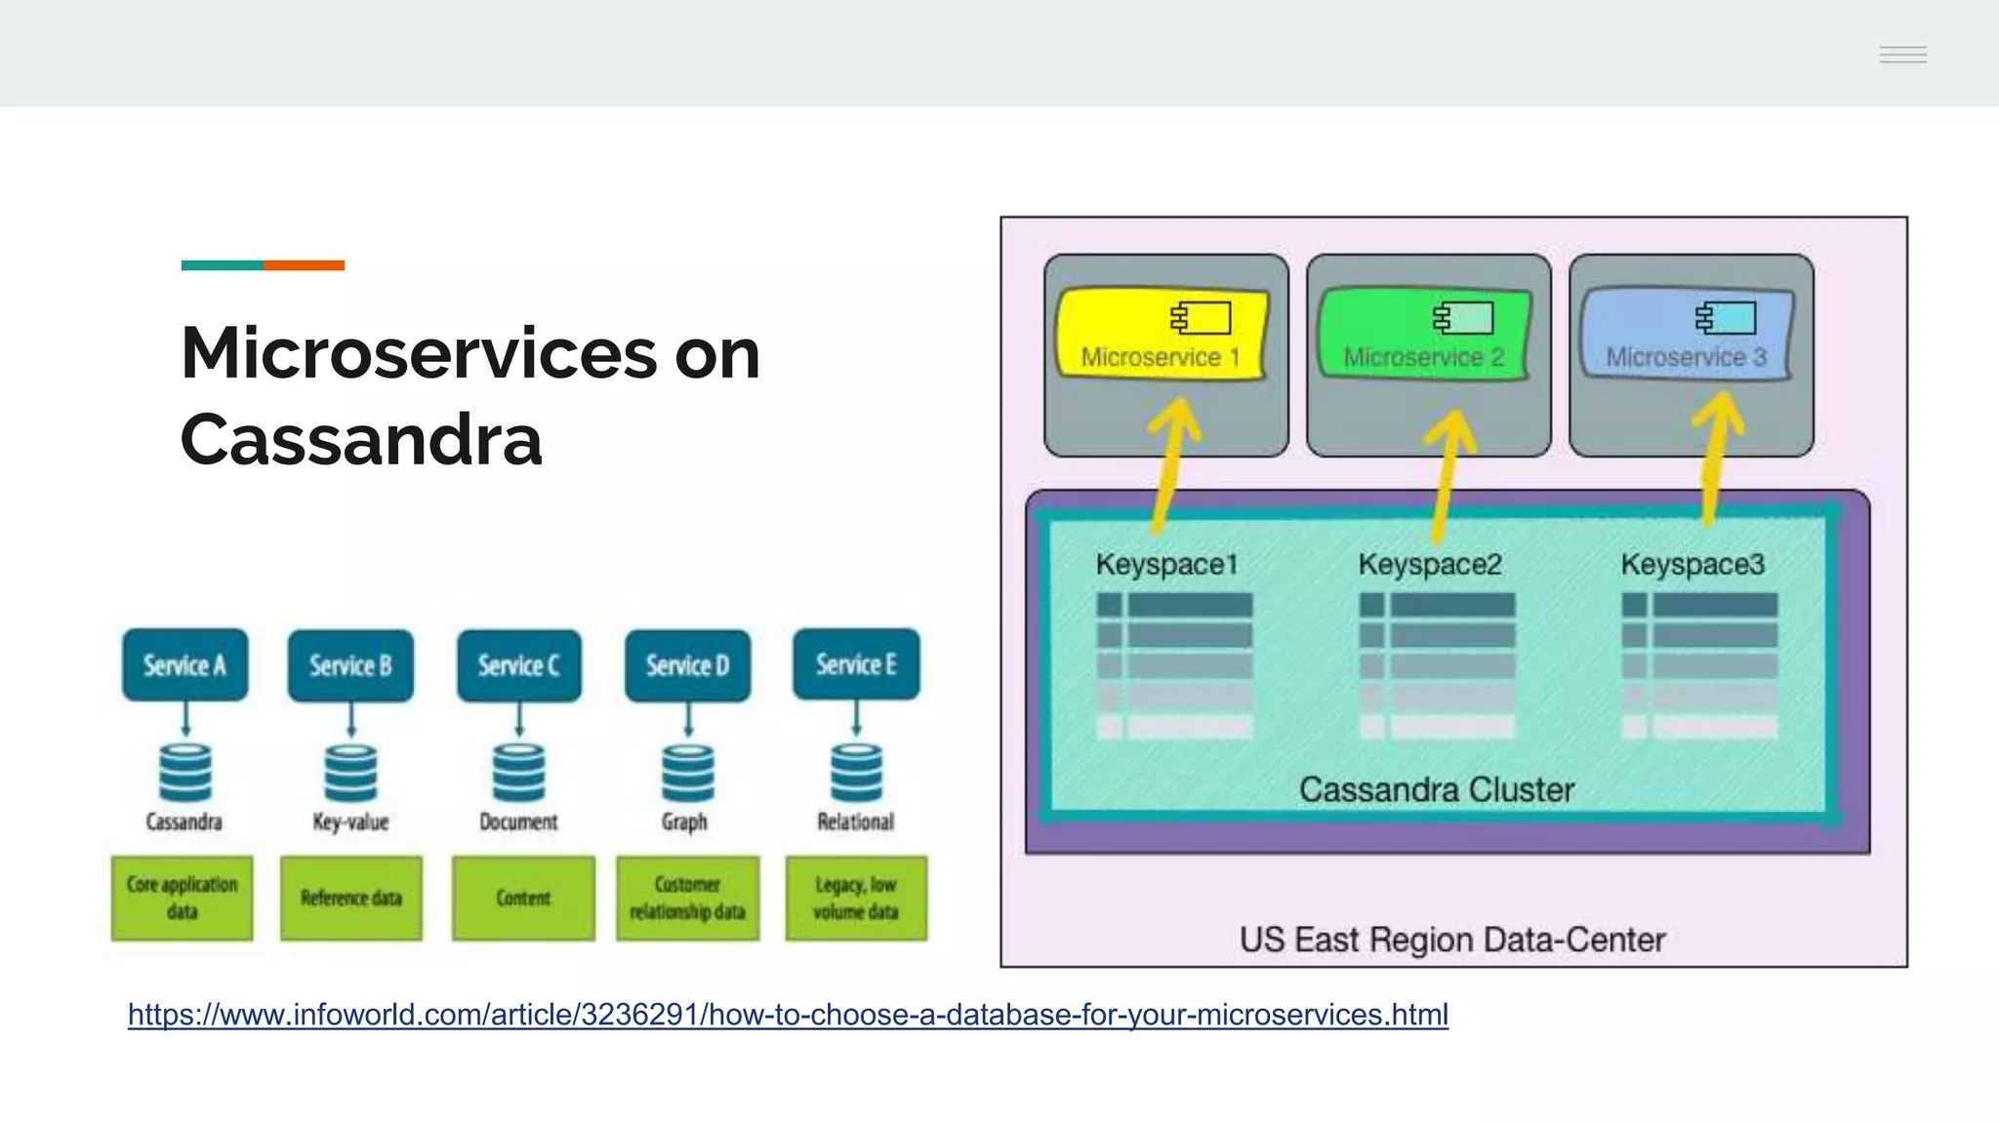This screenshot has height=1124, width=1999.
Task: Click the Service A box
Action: click(184, 664)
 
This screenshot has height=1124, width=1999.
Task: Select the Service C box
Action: click(518, 664)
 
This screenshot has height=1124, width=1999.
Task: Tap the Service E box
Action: click(856, 664)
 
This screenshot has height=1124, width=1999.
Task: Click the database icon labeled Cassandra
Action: click(184, 773)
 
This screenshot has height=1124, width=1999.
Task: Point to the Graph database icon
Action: click(687, 773)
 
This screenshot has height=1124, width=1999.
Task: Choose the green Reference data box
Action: click(351, 898)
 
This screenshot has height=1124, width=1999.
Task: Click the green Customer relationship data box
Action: click(687, 898)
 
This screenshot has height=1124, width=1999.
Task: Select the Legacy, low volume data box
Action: click(856, 898)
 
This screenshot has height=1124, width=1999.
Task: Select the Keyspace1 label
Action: click(1166, 564)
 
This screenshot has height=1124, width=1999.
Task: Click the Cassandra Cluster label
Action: click(1436, 789)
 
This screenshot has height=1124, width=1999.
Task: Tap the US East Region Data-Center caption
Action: click(1451, 940)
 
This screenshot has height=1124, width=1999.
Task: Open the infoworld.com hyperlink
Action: click(788, 1015)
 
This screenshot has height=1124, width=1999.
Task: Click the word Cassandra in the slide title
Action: click(361, 440)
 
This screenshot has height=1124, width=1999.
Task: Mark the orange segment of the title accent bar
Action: click(304, 265)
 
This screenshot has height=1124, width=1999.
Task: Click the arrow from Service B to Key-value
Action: click(351, 720)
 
